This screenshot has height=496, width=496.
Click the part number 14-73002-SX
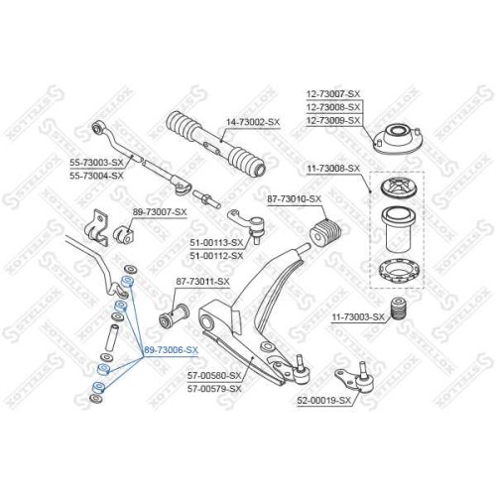click(x=253, y=122)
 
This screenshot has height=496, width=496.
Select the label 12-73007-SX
click(x=333, y=94)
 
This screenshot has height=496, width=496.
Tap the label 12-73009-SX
click(x=333, y=120)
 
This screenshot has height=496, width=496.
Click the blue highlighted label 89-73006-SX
click(x=171, y=350)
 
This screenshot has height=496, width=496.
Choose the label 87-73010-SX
click(x=295, y=199)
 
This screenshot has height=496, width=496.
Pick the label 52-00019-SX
click(x=323, y=401)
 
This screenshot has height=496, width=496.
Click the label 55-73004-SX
click(x=96, y=176)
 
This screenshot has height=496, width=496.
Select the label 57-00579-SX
click(x=214, y=389)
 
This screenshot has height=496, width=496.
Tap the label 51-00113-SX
click(x=216, y=243)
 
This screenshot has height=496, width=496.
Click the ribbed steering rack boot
click(x=215, y=143)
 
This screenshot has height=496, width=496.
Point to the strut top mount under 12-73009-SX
click(x=398, y=139)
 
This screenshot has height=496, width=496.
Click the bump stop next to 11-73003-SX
click(x=398, y=310)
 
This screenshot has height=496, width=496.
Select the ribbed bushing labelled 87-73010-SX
click(x=325, y=233)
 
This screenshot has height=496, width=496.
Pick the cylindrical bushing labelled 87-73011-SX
click(x=174, y=315)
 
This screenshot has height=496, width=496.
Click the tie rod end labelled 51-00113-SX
click(x=247, y=225)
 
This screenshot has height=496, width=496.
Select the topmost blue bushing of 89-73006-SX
click(x=127, y=282)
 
